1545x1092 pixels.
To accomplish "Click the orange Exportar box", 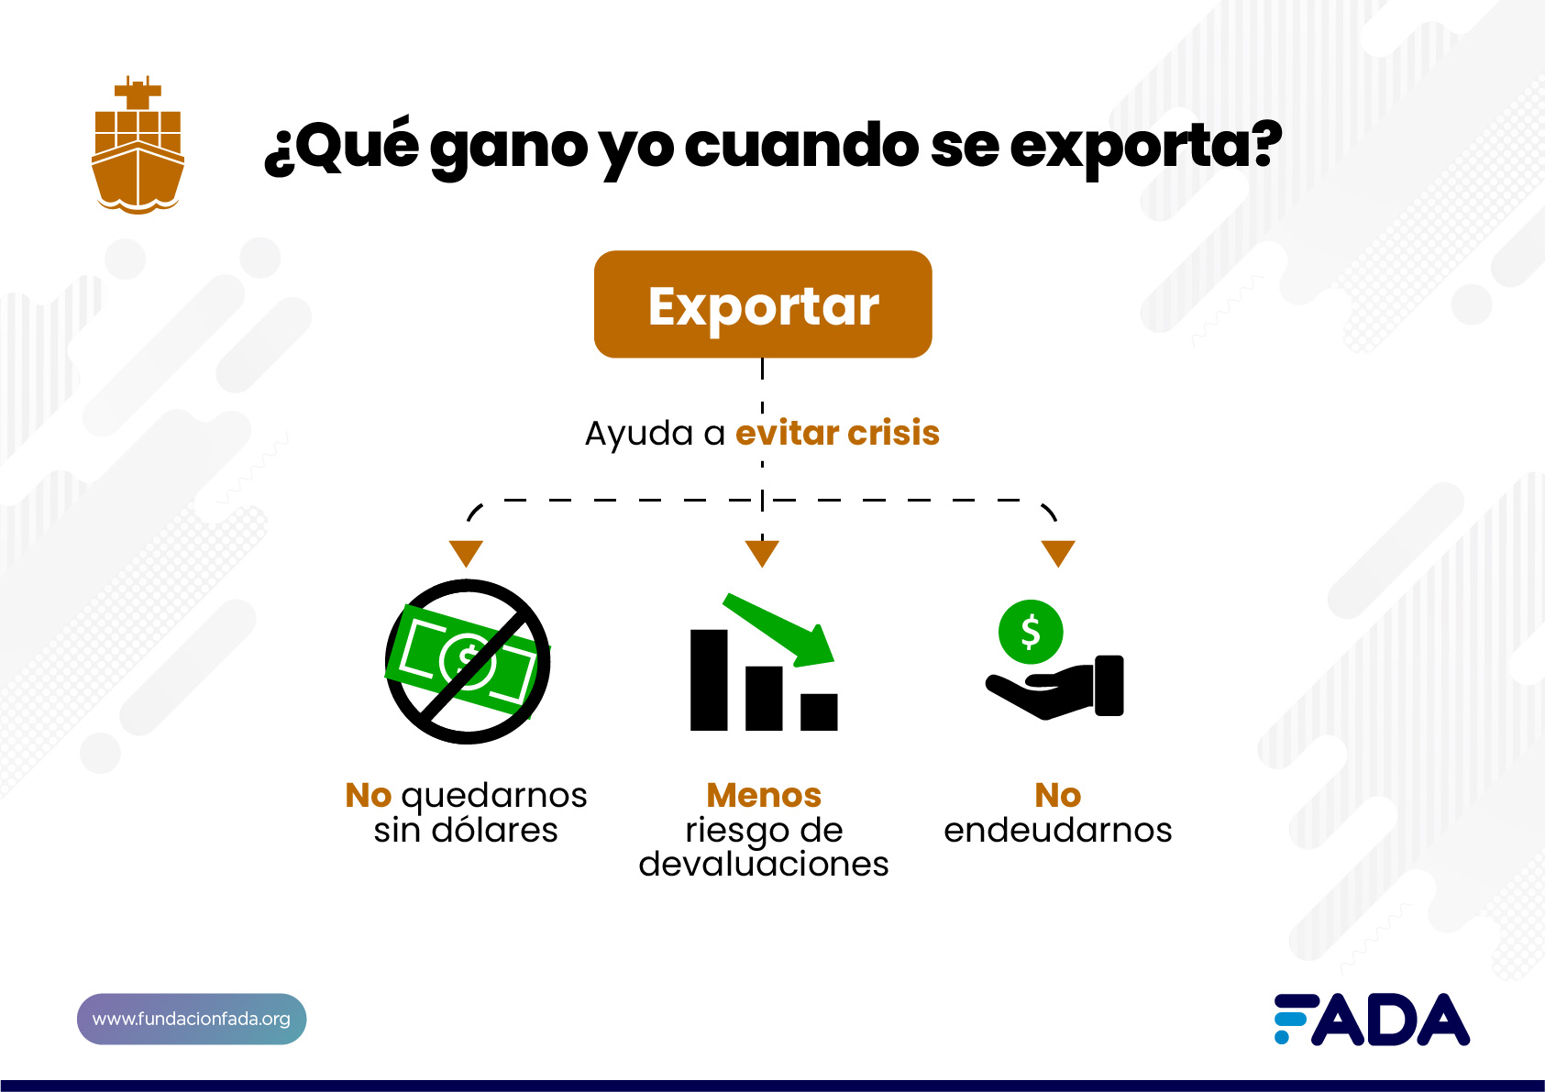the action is (x=763, y=304).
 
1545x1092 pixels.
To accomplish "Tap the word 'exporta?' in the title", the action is (x=1146, y=147).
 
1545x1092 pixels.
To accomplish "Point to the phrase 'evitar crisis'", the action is (x=837, y=433).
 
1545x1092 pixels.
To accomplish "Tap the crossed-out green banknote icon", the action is (x=468, y=662).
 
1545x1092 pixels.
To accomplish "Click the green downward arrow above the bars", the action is (x=779, y=630).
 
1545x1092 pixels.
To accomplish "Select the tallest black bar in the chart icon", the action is (x=709, y=680).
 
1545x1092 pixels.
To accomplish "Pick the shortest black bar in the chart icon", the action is (x=819, y=711).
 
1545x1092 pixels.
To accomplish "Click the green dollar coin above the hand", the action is (x=1031, y=632).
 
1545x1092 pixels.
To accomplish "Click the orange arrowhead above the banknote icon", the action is (x=467, y=553).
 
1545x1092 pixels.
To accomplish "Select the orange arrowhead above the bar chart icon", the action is (x=762, y=553).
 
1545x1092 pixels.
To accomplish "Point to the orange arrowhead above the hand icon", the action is (x=1058, y=553).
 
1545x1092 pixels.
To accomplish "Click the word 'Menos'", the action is (x=764, y=795).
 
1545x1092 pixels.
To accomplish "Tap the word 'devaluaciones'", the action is (x=764, y=864).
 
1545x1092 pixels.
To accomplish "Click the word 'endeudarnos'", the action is (x=1058, y=830).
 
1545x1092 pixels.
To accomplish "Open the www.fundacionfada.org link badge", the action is (x=192, y=1019).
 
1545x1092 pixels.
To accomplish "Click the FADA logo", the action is (x=1372, y=1019).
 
